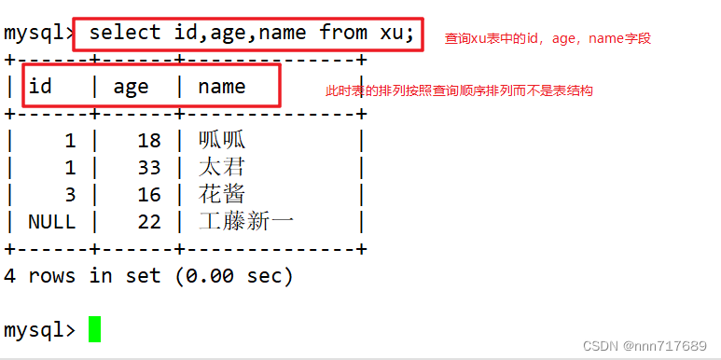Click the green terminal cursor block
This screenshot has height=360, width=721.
94,329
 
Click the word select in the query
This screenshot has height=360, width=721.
125,33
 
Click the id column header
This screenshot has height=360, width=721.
40,87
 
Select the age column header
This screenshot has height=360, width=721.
131,87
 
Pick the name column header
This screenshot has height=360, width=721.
222,87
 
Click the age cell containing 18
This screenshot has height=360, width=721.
149,140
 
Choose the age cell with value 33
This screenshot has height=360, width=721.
149,167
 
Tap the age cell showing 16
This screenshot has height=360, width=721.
149,194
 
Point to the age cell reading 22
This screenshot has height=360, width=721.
149,221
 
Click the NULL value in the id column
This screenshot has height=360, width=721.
51,221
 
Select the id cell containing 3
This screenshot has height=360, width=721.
69,194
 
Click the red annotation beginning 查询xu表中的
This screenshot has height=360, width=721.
548,39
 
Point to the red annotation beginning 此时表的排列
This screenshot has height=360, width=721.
458,91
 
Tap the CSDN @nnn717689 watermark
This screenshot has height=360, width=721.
647,345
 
